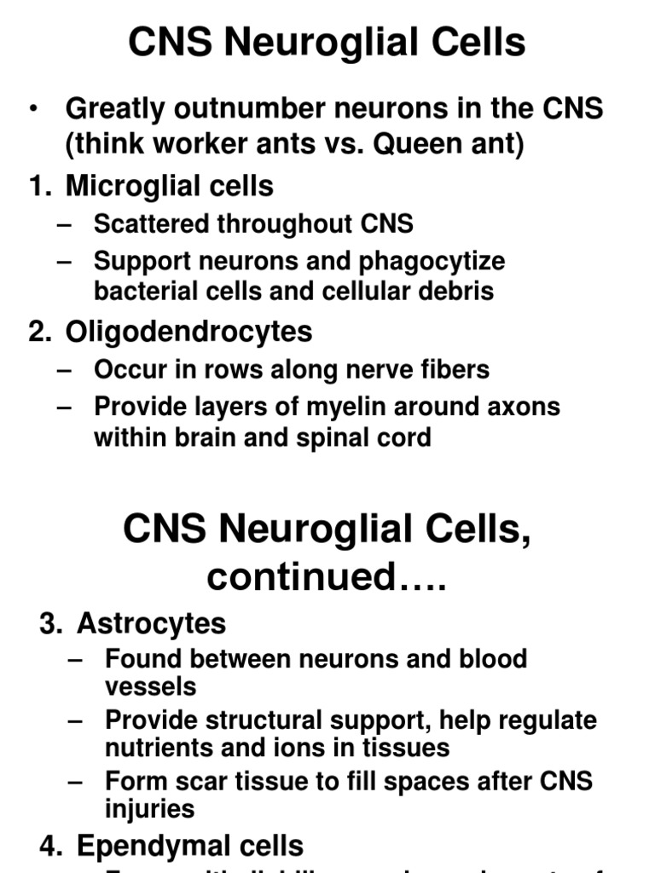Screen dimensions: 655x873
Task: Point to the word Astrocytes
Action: pyautogui.click(x=151, y=623)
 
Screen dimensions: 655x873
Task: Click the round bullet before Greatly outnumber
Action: pyautogui.click(x=33, y=108)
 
